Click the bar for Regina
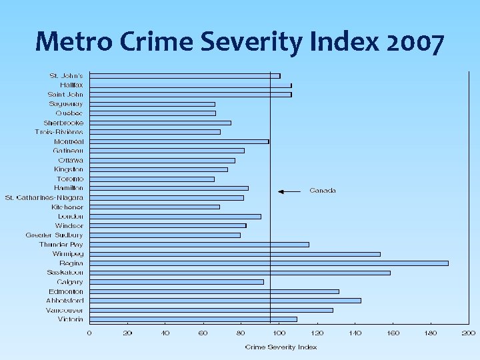coord(269,263)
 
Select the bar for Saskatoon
coord(240,273)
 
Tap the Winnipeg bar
coord(235,254)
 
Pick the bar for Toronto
coord(152,179)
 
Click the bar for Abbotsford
coord(225,301)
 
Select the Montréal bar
coord(179,141)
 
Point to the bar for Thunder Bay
coord(199,245)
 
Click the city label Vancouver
coord(65,310)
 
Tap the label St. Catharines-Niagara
coord(44,197)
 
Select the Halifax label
coord(71,85)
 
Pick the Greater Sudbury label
coord(55,235)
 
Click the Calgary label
coord(70,282)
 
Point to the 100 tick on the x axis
coord(279,333)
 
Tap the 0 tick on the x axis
coord(89,333)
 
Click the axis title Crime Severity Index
coord(281,347)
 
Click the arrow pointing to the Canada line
coord(289,191)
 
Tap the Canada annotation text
coord(323,191)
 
